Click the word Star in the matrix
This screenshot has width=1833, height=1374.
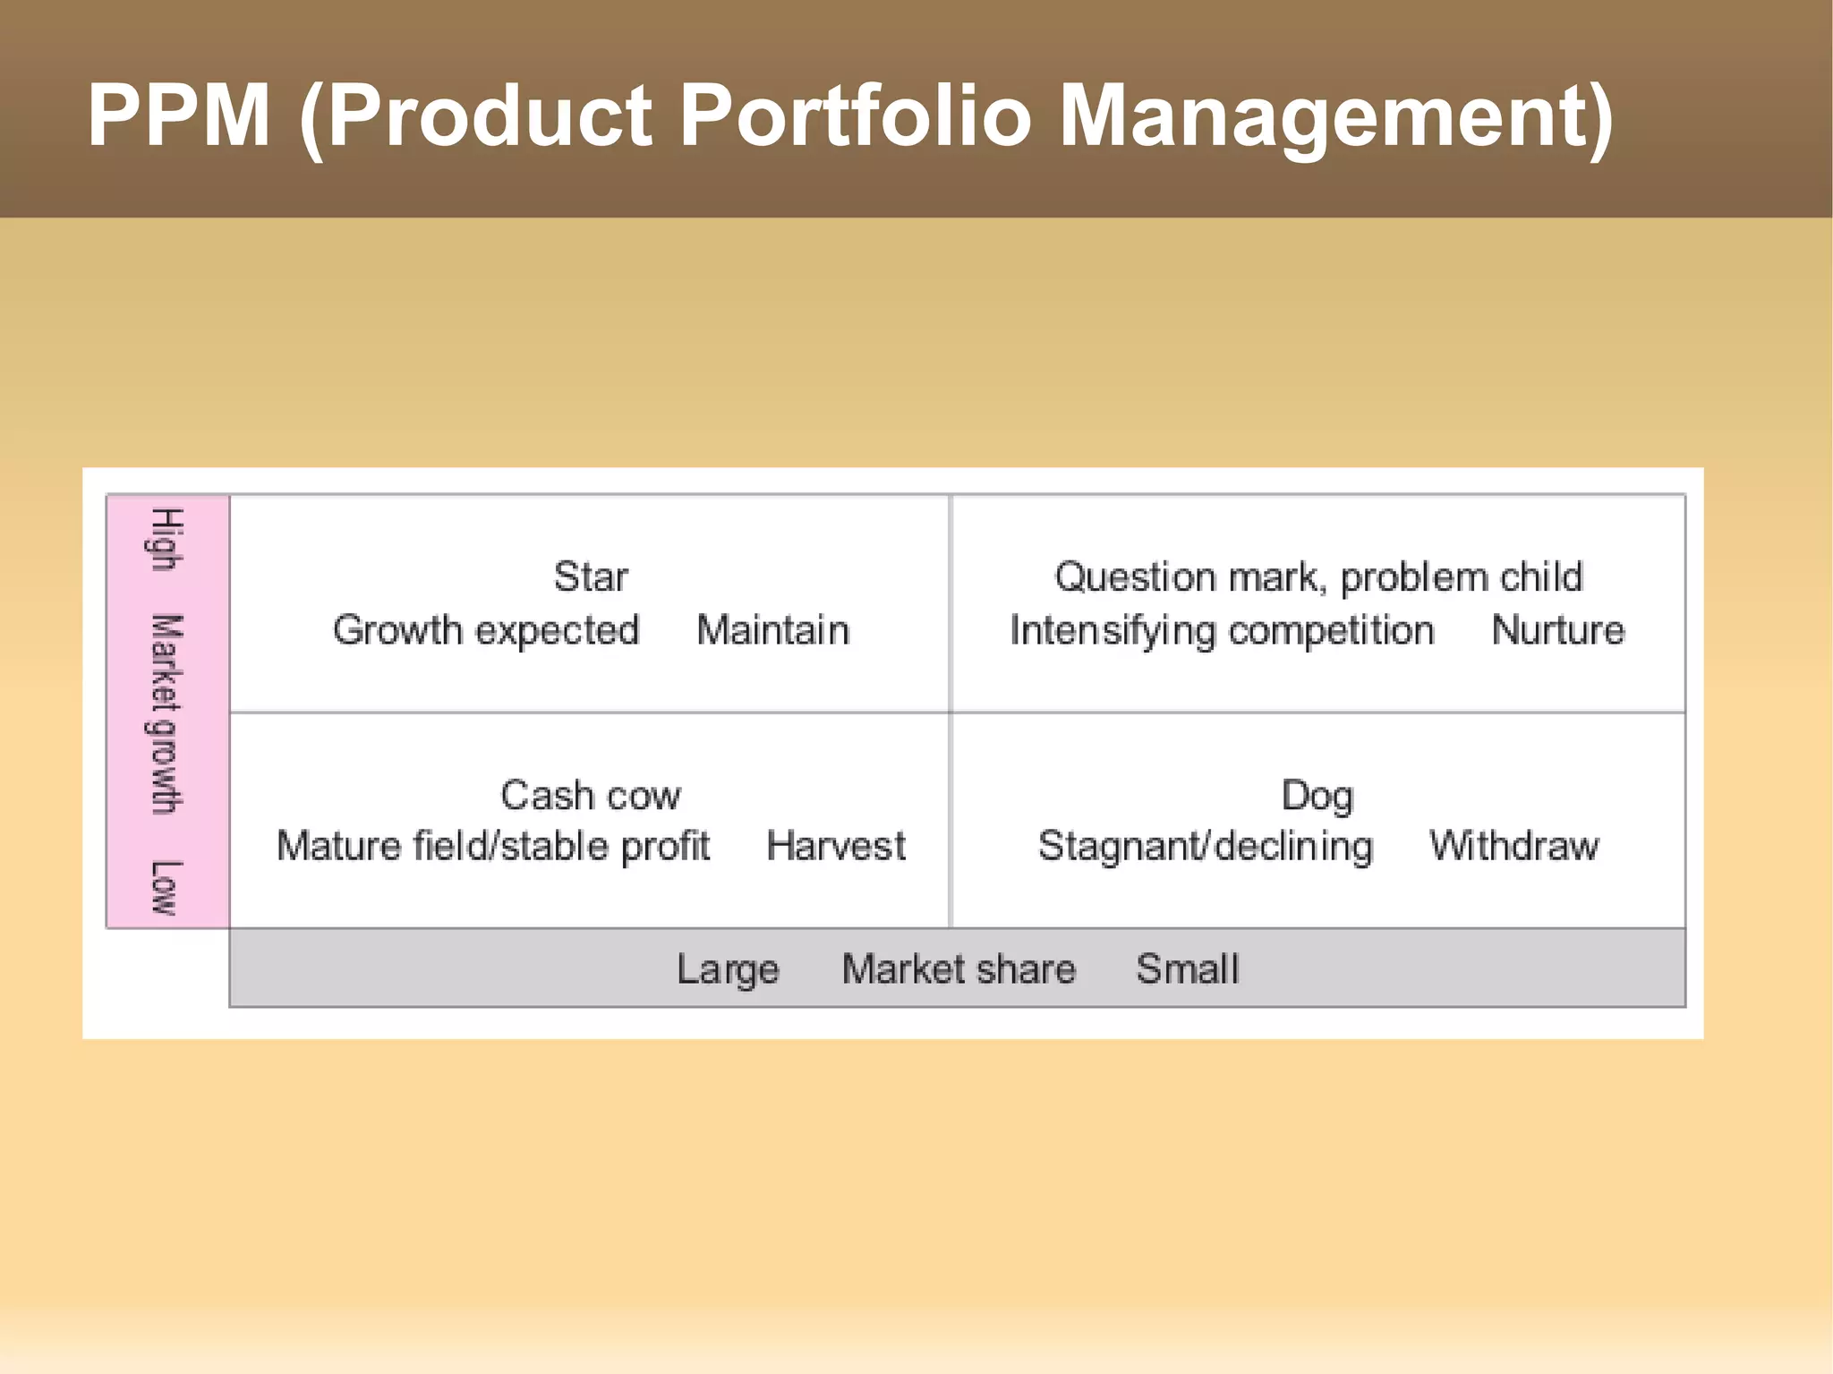(591, 577)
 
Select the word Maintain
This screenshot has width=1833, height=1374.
(772, 630)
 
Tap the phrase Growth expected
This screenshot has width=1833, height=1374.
(486, 630)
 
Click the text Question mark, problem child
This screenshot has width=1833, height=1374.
(1318, 577)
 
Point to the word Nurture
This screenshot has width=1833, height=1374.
(1557, 630)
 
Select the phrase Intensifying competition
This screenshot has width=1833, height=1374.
(1222, 631)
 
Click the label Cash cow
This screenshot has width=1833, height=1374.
(591, 795)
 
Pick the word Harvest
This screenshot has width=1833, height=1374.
(836, 846)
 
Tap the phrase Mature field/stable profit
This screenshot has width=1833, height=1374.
(493, 846)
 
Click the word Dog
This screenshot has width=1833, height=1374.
(1317, 796)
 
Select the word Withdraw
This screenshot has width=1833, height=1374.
(1513, 846)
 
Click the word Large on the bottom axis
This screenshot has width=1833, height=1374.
(728, 969)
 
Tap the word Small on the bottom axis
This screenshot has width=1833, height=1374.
(1188, 969)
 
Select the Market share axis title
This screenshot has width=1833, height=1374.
(959, 969)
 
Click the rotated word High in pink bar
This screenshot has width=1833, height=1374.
(166, 539)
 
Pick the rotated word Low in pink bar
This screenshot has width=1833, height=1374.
(166, 888)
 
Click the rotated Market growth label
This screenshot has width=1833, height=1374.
(166, 714)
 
